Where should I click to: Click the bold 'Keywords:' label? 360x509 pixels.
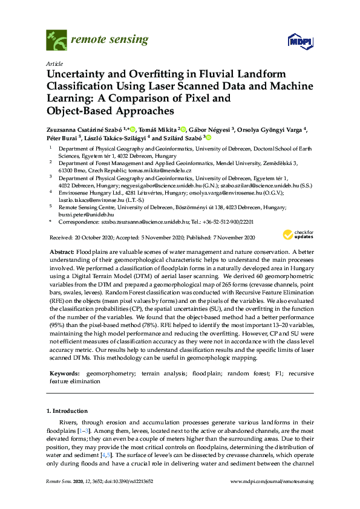coord(64,374)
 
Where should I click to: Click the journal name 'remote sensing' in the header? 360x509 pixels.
coord(110,40)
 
